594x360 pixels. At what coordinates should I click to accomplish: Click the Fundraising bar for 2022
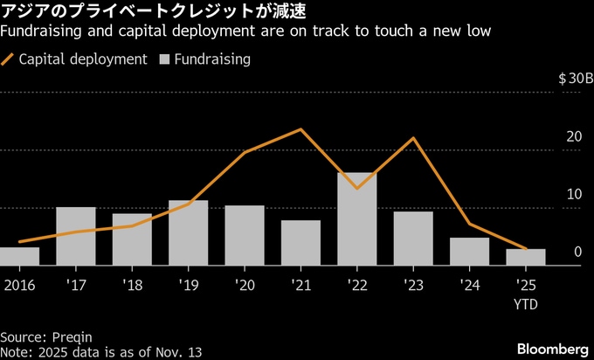pos(357,219)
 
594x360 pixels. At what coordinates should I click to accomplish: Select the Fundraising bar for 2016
pos(19,256)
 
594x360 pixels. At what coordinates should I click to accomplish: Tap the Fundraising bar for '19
pos(188,232)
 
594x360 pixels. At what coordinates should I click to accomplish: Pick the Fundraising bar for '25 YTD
pos(526,257)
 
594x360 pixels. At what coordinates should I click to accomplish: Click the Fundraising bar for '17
pos(76,236)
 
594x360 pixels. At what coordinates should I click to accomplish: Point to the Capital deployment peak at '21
pos(301,129)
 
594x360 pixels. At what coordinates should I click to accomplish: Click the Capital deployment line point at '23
pos(413,138)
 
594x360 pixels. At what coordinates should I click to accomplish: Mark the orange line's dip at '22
pos(357,188)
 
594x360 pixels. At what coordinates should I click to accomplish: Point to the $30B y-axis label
pos(576,79)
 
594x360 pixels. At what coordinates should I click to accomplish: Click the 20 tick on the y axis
pos(574,137)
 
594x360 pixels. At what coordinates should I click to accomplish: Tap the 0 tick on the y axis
pos(578,253)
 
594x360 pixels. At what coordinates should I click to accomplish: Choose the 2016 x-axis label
pos(18,286)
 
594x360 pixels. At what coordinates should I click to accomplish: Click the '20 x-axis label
pos(245,286)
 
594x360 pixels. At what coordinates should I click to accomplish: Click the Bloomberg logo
pos(551,348)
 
